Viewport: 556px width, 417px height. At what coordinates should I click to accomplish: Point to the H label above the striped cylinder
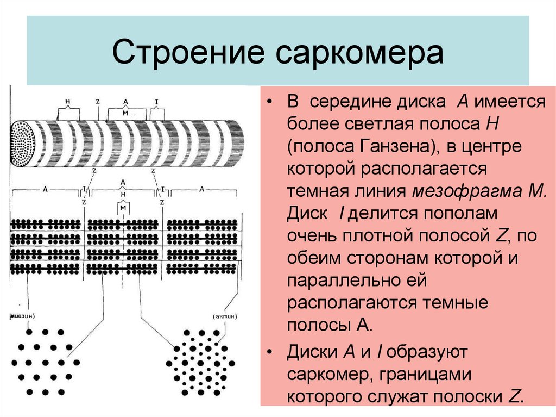[x=67, y=102]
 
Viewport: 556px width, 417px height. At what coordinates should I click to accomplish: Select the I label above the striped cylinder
[x=157, y=101]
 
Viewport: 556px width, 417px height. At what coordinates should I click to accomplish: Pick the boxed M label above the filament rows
[x=123, y=208]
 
